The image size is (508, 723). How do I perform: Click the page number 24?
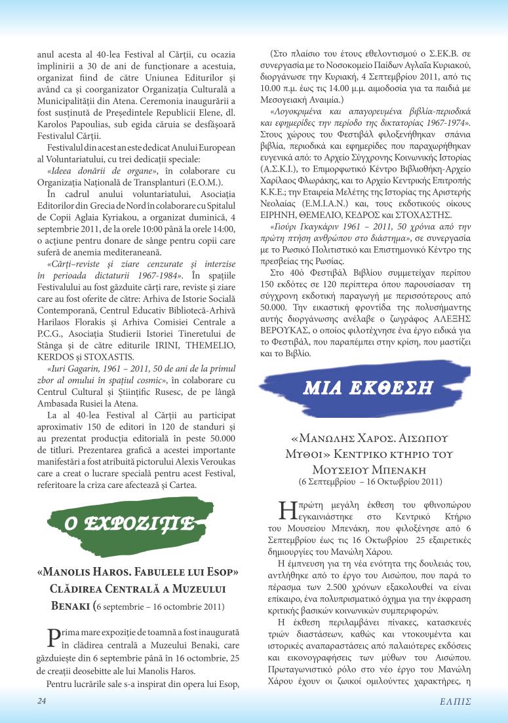click(42, 701)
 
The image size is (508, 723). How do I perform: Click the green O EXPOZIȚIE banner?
click(128, 523)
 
